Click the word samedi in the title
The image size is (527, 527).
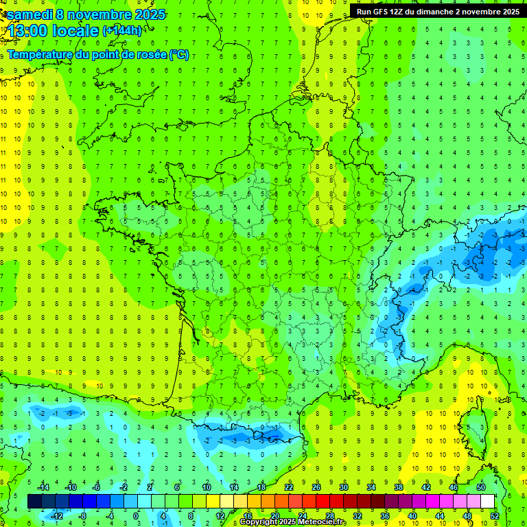[30, 14]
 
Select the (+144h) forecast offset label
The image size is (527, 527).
[122, 30]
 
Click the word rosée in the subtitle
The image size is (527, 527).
[152, 55]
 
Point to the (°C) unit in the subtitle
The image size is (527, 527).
[179, 55]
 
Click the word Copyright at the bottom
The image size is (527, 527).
[260, 522]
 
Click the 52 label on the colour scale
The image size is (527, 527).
[494, 515]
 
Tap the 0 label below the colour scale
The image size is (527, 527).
[136, 515]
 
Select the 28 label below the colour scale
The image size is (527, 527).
[329, 515]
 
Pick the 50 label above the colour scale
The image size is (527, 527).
[480, 487]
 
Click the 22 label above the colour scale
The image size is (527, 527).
[289, 487]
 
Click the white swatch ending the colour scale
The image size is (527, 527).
[487, 502]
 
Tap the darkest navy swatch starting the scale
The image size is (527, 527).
[34, 502]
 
